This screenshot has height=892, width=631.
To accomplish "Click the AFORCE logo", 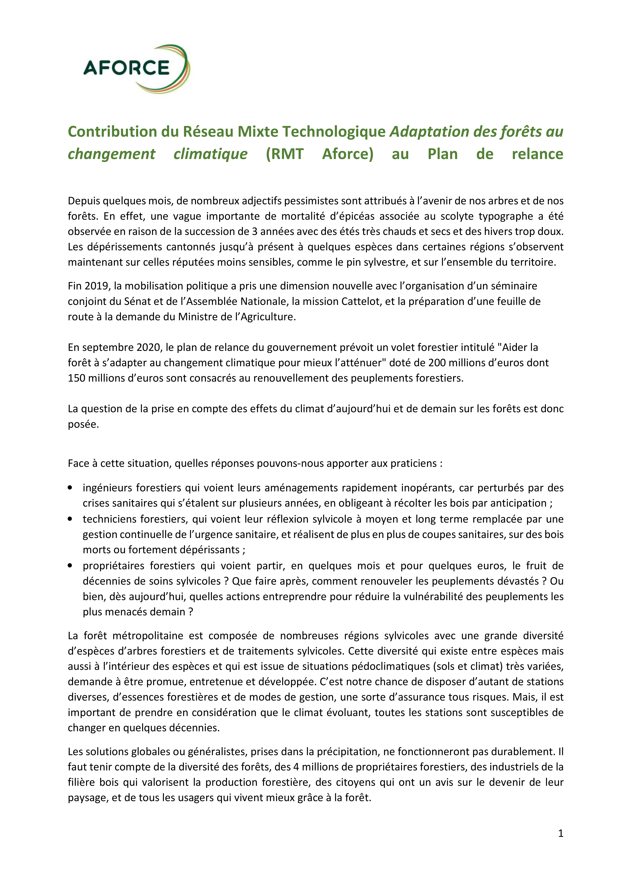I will [136, 69].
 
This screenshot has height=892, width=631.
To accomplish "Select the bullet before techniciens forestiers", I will [70, 519].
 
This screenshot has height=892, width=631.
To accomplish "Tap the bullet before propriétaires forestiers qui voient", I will [70, 566].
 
